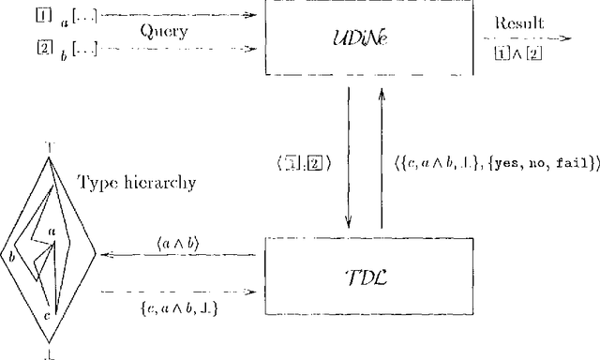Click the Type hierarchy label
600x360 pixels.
coord(136,183)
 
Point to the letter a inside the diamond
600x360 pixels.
coord(52,230)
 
